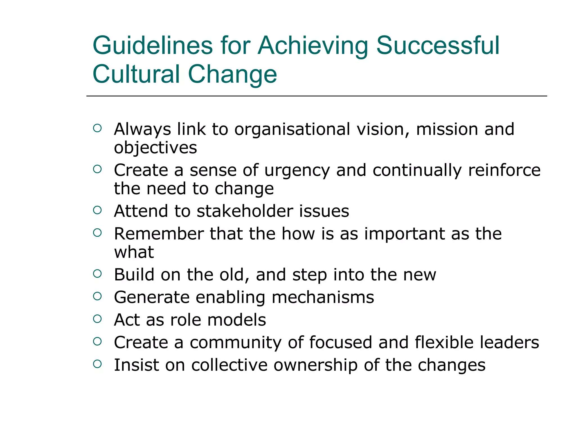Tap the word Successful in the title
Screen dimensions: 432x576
[x=438, y=46]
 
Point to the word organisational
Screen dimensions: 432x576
[x=292, y=129]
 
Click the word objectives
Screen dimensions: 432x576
[x=155, y=148]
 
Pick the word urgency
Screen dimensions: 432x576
[x=297, y=171]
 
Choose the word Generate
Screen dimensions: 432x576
[x=152, y=297]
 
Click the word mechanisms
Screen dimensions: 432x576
[x=323, y=297]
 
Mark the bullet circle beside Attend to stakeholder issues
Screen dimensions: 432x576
[x=97, y=210]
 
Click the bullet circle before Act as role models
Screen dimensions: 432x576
[x=97, y=319]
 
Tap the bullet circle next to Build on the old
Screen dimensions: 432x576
[x=97, y=273]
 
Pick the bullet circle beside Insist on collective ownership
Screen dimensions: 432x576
[x=97, y=364]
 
